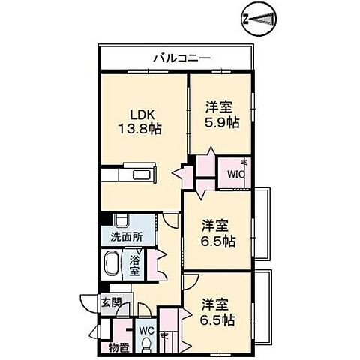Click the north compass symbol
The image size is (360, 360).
[259, 19]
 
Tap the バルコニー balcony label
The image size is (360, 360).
[182, 58]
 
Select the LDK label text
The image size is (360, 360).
[142, 115]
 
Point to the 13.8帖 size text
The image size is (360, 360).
[139, 129]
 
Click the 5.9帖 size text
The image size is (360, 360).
[222, 122]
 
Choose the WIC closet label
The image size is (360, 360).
[235, 174]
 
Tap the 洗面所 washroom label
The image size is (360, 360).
[127, 237]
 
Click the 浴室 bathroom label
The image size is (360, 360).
[134, 265]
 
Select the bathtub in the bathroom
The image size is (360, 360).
[111, 264]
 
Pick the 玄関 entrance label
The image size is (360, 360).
[111, 303]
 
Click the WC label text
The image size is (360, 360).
[146, 331]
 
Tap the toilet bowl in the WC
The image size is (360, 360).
[145, 345]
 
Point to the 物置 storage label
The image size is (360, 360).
[119, 347]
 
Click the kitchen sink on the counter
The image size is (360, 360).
[141, 175]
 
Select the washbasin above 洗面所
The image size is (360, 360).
[121, 220]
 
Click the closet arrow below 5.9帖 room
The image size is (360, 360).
[211, 151]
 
